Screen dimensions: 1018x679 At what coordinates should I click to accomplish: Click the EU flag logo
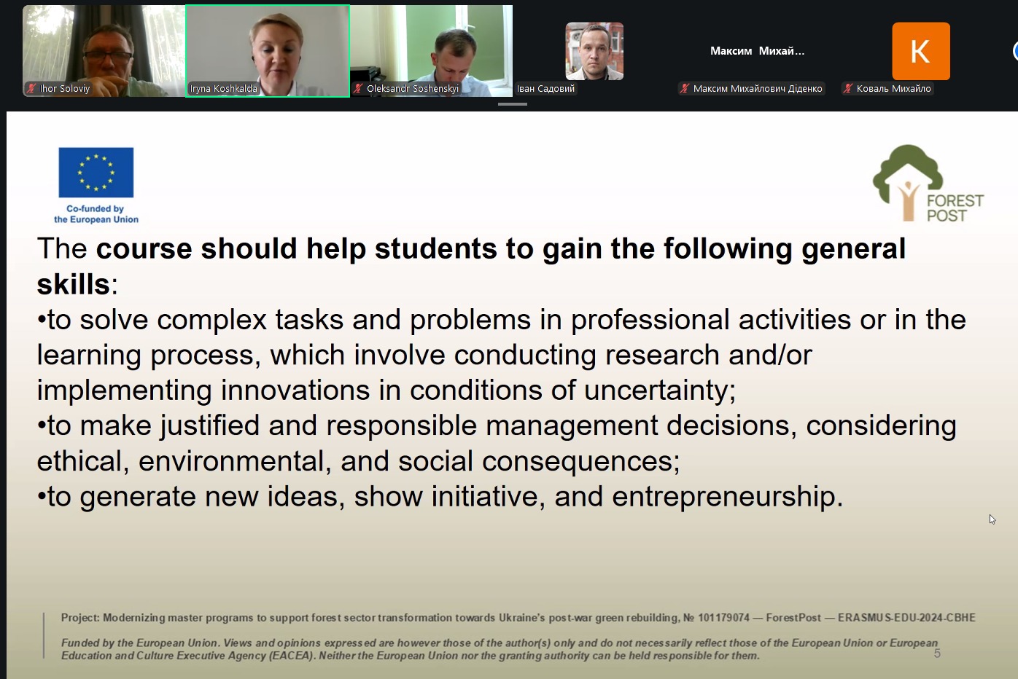click(96, 172)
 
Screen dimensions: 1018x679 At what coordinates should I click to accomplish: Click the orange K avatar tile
click(921, 51)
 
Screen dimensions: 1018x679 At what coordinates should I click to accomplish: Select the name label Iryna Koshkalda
click(224, 89)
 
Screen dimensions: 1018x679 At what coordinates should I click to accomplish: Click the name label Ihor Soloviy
click(64, 89)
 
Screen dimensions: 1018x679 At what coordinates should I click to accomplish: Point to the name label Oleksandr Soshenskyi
click(413, 89)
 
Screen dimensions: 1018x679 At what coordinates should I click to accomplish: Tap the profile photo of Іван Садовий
click(594, 51)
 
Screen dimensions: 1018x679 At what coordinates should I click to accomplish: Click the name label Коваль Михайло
click(893, 89)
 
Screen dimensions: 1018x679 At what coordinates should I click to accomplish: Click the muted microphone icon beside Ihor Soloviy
click(31, 89)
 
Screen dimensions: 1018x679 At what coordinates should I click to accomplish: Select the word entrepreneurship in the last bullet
click(727, 496)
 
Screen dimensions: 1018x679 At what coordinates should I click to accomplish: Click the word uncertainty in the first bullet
click(659, 390)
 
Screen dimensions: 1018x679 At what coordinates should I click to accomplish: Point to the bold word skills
click(73, 284)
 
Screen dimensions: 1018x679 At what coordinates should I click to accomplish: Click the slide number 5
click(937, 654)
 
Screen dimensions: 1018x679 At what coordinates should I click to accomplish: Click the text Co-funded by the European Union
click(96, 214)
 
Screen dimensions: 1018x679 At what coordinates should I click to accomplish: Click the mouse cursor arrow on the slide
click(992, 519)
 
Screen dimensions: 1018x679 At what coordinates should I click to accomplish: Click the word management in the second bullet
click(571, 426)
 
